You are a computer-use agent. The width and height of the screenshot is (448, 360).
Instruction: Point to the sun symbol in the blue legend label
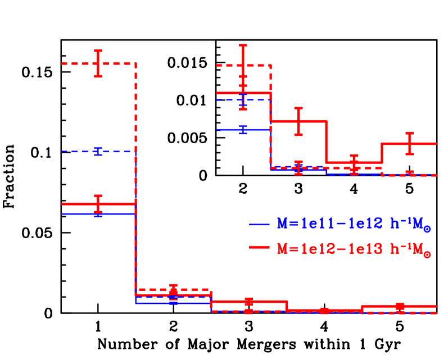tap(428, 229)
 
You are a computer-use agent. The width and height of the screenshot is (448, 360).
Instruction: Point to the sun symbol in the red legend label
tap(428, 253)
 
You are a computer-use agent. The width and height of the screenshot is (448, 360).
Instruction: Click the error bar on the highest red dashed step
tap(98, 63)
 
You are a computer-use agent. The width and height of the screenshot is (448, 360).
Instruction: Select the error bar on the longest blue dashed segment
tap(98, 151)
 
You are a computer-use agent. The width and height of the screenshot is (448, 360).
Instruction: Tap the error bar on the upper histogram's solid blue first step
tap(243, 130)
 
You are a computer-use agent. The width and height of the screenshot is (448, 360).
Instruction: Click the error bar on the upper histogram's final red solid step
tap(409, 144)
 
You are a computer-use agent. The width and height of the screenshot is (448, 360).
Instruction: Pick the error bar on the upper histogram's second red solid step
tap(298, 121)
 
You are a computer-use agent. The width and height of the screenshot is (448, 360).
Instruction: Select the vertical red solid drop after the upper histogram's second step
tap(327, 142)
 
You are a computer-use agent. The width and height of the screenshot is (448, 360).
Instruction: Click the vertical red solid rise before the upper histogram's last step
tap(382, 153)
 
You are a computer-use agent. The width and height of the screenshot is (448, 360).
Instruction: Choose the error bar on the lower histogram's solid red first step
tap(98, 204)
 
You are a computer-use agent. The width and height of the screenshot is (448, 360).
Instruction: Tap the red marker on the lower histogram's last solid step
tap(400, 306)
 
